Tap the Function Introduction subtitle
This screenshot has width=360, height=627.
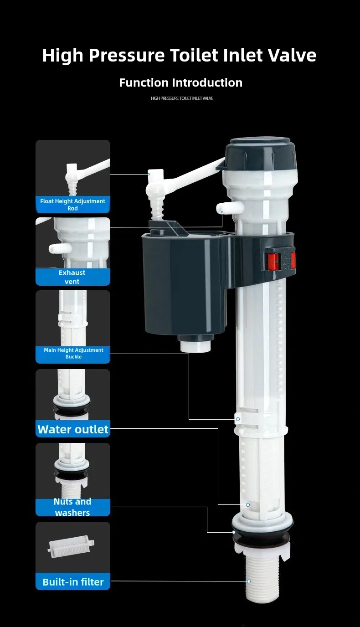pyautogui.click(x=180, y=82)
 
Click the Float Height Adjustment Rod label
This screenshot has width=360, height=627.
pyautogui.click(x=73, y=205)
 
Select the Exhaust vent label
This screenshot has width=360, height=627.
pyautogui.click(x=72, y=277)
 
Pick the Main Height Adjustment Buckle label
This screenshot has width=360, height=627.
pyautogui.click(x=73, y=354)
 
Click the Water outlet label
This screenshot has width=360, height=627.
pyautogui.click(x=73, y=429)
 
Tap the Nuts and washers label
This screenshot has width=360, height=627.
pyautogui.click(x=72, y=507)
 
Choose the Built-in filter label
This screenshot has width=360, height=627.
pyautogui.click(x=73, y=582)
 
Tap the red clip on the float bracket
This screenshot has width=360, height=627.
pyautogui.click(x=272, y=261)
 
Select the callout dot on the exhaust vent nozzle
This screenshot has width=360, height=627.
pyautogui.click(x=222, y=212)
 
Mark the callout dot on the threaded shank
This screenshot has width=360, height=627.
pyautogui.click(x=249, y=581)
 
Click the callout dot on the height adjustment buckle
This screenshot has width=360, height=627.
pyautogui.click(x=237, y=419)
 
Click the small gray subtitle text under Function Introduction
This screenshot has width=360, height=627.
pyautogui.click(x=182, y=98)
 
